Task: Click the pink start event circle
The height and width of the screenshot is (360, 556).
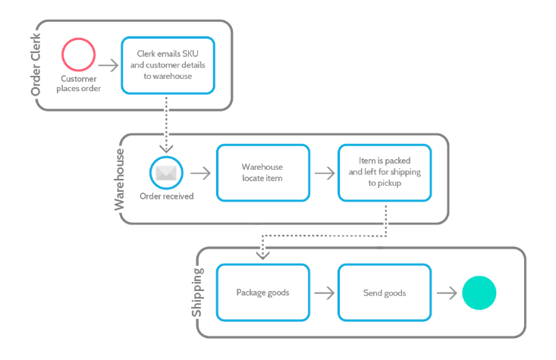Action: pyautogui.click(x=79, y=55)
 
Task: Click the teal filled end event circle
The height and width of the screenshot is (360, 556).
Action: pyautogui.click(x=479, y=293)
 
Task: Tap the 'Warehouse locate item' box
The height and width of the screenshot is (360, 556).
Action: pyautogui.click(x=262, y=173)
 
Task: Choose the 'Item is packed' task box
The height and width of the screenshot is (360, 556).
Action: pyautogui.click(x=385, y=173)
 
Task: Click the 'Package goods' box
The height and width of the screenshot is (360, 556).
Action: pyautogui.click(x=262, y=293)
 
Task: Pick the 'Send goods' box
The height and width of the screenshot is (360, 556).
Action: pyautogui.click(x=385, y=293)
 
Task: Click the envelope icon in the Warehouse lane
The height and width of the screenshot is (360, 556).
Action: pyautogui.click(x=166, y=173)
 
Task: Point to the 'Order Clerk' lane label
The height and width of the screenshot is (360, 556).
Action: pyautogui.click(x=36, y=66)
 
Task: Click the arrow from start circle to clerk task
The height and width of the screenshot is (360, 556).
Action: pyautogui.click(x=108, y=66)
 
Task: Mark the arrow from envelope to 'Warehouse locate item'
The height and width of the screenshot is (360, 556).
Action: pyautogui.click(x=200, y=173)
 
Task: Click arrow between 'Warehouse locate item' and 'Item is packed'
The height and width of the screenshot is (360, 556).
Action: pyautogui.click(x=324, y=173)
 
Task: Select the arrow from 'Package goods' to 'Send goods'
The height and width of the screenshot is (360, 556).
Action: pyautogui.click(x=324, y=293)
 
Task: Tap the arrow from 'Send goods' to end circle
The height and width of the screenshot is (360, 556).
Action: pyautogui.click(x=446, y=293)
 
